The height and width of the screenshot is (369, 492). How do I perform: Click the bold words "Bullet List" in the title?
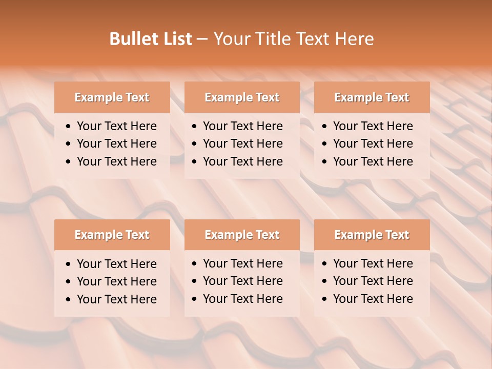coord(150,38)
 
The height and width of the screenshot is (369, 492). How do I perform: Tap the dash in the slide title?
coord(202,39)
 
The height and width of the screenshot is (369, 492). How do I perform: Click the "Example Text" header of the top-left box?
coord(112,97)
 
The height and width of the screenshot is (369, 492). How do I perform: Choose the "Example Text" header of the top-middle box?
coord(242,97)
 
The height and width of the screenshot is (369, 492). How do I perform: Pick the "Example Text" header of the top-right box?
coord(372,97)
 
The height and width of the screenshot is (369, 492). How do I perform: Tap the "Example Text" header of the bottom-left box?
coord(112,235)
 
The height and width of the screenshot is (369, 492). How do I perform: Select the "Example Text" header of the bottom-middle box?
coord(242,235)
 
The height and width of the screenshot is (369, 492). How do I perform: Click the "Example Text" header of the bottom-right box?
coord(372,235)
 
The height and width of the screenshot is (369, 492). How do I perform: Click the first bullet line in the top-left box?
coord(116,126)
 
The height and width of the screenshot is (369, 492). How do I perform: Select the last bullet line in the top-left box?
coord(116,161)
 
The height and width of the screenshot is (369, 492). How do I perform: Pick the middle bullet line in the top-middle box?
coord(242,143)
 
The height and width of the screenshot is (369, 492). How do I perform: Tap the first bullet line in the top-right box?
coord(373,126)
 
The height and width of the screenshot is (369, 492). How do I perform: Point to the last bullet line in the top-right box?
coord(373,161)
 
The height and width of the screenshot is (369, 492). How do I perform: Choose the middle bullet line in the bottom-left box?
coord(116,281)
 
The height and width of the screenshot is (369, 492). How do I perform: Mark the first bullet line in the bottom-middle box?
coord(242,263)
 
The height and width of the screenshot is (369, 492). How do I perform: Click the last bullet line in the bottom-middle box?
coord(242,299)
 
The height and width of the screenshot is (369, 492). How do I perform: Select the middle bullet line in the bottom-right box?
coord(373,281)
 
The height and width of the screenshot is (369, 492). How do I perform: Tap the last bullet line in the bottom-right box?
coord(373,299)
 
